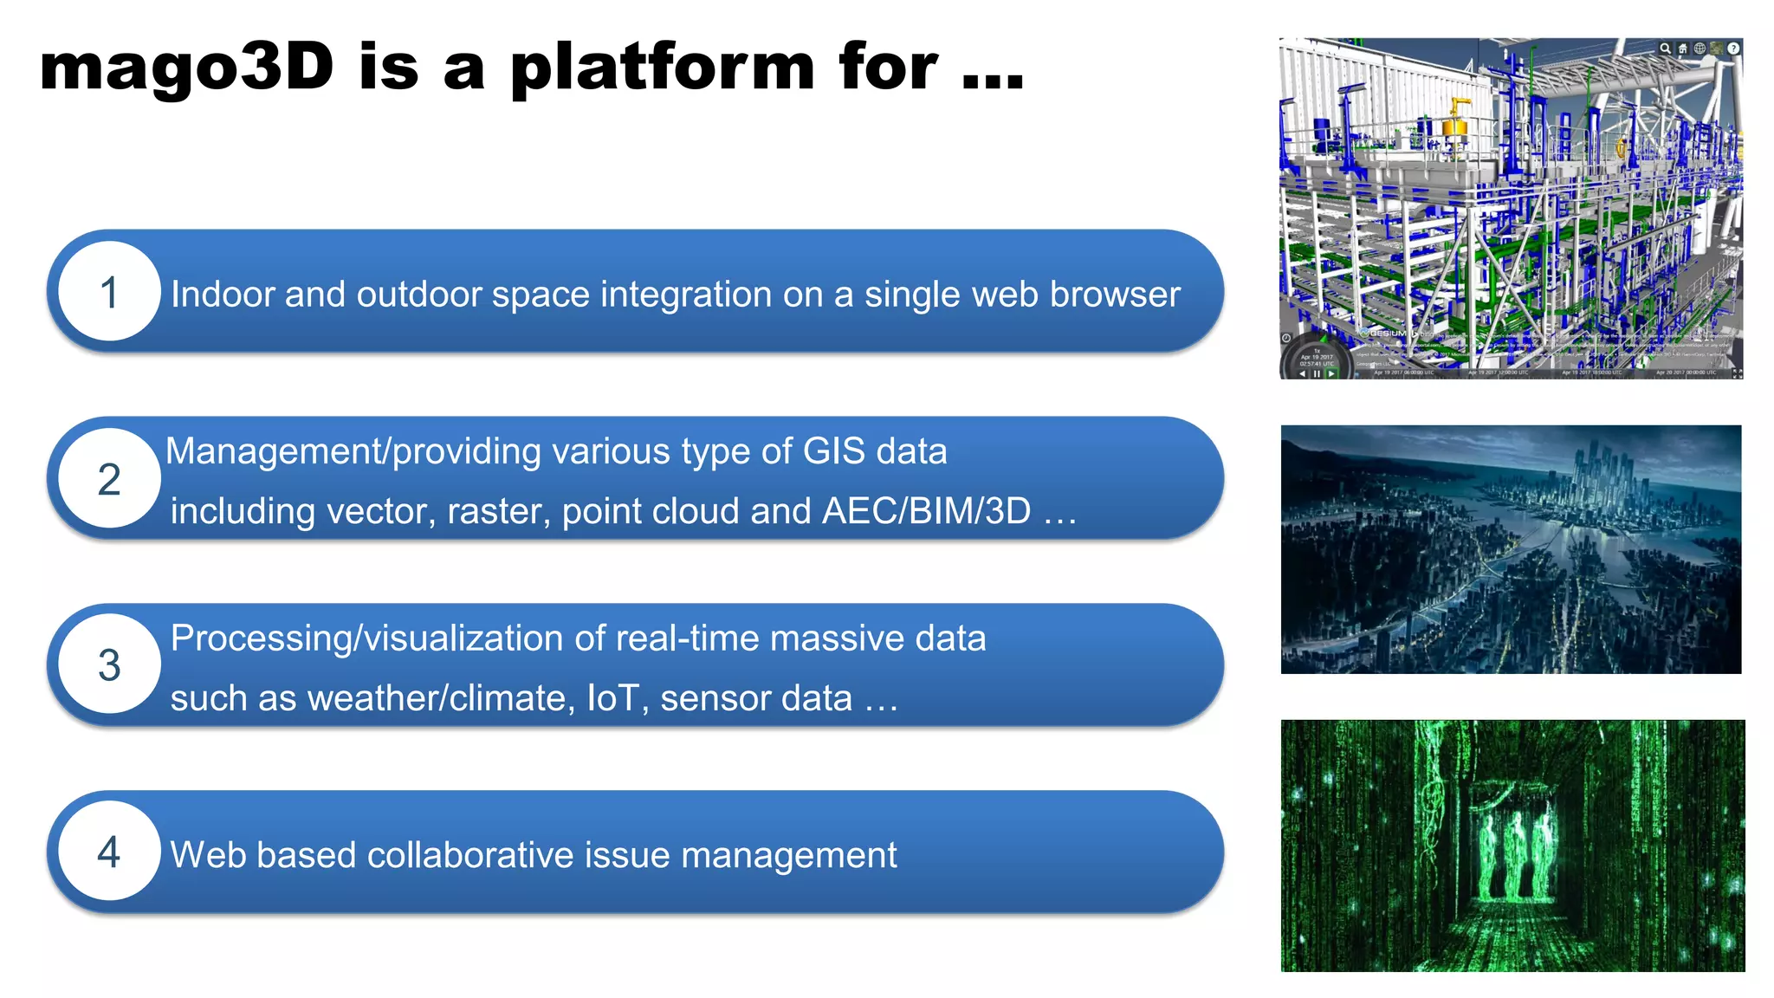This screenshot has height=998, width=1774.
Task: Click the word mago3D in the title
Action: (x=186, y=68)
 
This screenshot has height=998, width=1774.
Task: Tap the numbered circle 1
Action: (x=109, y=292)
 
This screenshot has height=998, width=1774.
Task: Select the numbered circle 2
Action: (x=109, y=479)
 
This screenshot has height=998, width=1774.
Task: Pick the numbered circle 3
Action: (x=109, y=665)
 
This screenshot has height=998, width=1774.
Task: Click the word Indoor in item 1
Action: (x=223, y=295)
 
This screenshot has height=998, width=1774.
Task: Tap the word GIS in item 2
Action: (x=833, y=451)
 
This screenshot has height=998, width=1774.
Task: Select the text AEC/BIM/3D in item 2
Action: (x=926, y=511)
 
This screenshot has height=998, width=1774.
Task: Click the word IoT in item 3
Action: (x=613, y=698)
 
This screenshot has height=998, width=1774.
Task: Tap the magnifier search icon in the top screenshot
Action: (x=1665, y=49)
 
